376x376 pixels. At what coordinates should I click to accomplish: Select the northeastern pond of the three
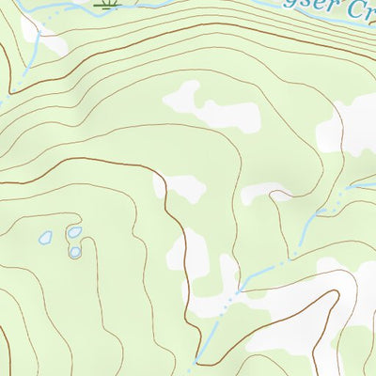(x=73, y=231)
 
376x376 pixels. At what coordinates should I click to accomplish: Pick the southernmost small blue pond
(x=75, y=251)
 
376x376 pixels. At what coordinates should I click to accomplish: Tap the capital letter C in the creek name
(x=354, y=11)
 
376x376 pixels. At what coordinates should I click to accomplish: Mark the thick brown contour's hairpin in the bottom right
(x=334, y=294)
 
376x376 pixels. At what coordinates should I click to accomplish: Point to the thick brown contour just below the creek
(x=188, y=38)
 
